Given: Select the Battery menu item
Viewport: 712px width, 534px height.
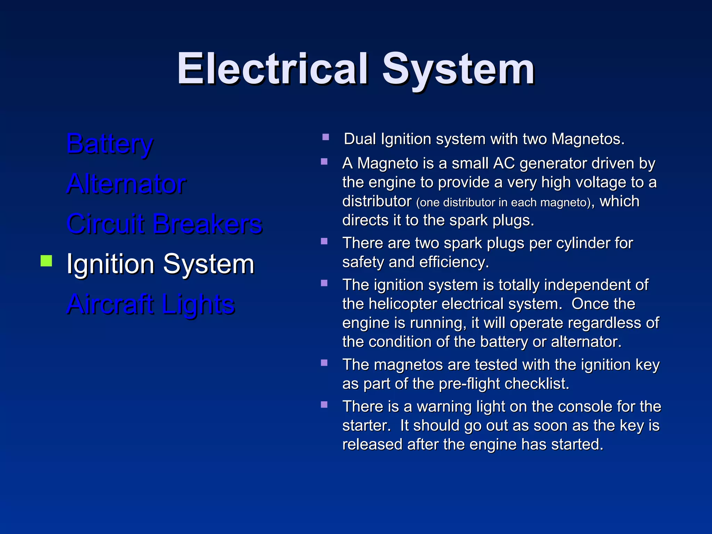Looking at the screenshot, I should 110,144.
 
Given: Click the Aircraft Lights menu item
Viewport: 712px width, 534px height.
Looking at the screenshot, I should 151,304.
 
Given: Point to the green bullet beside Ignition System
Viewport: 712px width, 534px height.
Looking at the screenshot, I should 46,261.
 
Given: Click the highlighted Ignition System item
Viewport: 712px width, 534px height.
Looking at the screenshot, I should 160,264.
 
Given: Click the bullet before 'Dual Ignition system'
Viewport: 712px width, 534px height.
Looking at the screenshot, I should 326,137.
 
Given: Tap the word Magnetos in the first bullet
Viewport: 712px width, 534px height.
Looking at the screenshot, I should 588,139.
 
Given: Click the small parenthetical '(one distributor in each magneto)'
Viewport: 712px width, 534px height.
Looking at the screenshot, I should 503,202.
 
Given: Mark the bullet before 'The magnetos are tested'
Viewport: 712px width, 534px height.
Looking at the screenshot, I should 324,363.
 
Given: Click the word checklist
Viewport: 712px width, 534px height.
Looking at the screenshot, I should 537,384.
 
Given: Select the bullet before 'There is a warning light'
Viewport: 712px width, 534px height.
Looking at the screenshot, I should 324,405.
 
